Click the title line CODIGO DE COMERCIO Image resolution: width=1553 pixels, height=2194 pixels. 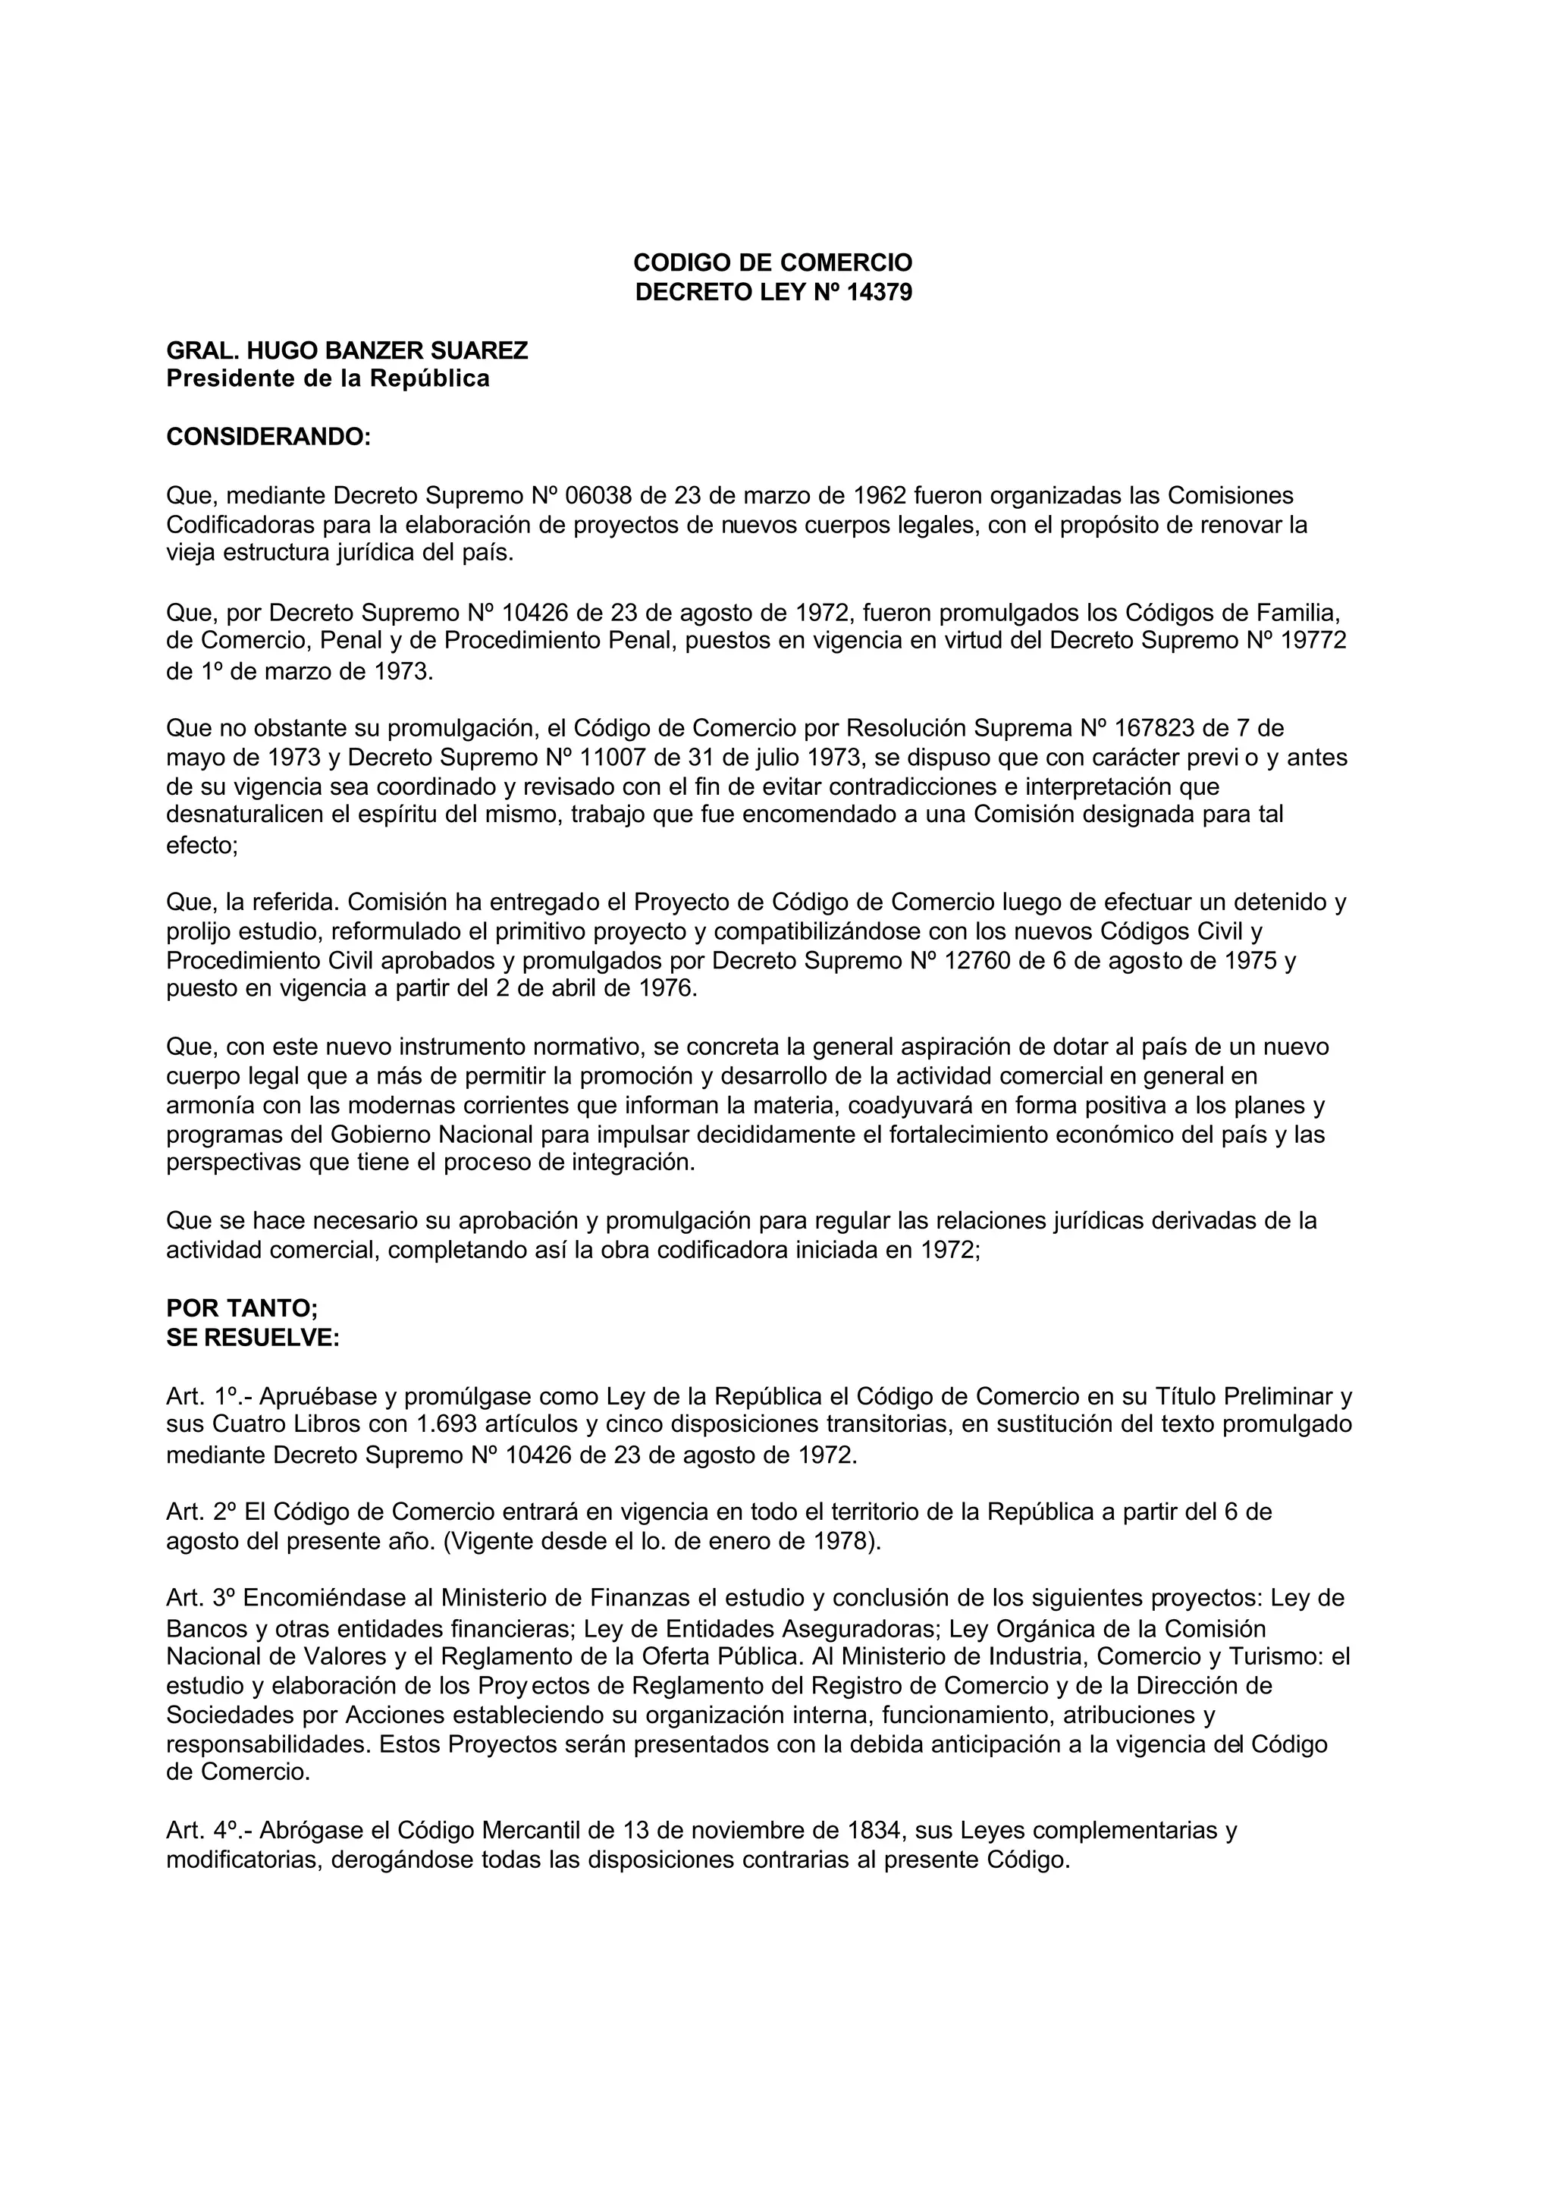coord(773,262)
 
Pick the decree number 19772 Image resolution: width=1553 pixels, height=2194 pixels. coord(1314,641)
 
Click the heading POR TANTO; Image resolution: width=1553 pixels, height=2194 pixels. coord(242,1308)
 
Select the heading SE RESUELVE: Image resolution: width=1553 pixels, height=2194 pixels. coord(253,1337)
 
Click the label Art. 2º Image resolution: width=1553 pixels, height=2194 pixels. coord(201,1512)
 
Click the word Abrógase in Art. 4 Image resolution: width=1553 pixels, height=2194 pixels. coord(311,1831)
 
